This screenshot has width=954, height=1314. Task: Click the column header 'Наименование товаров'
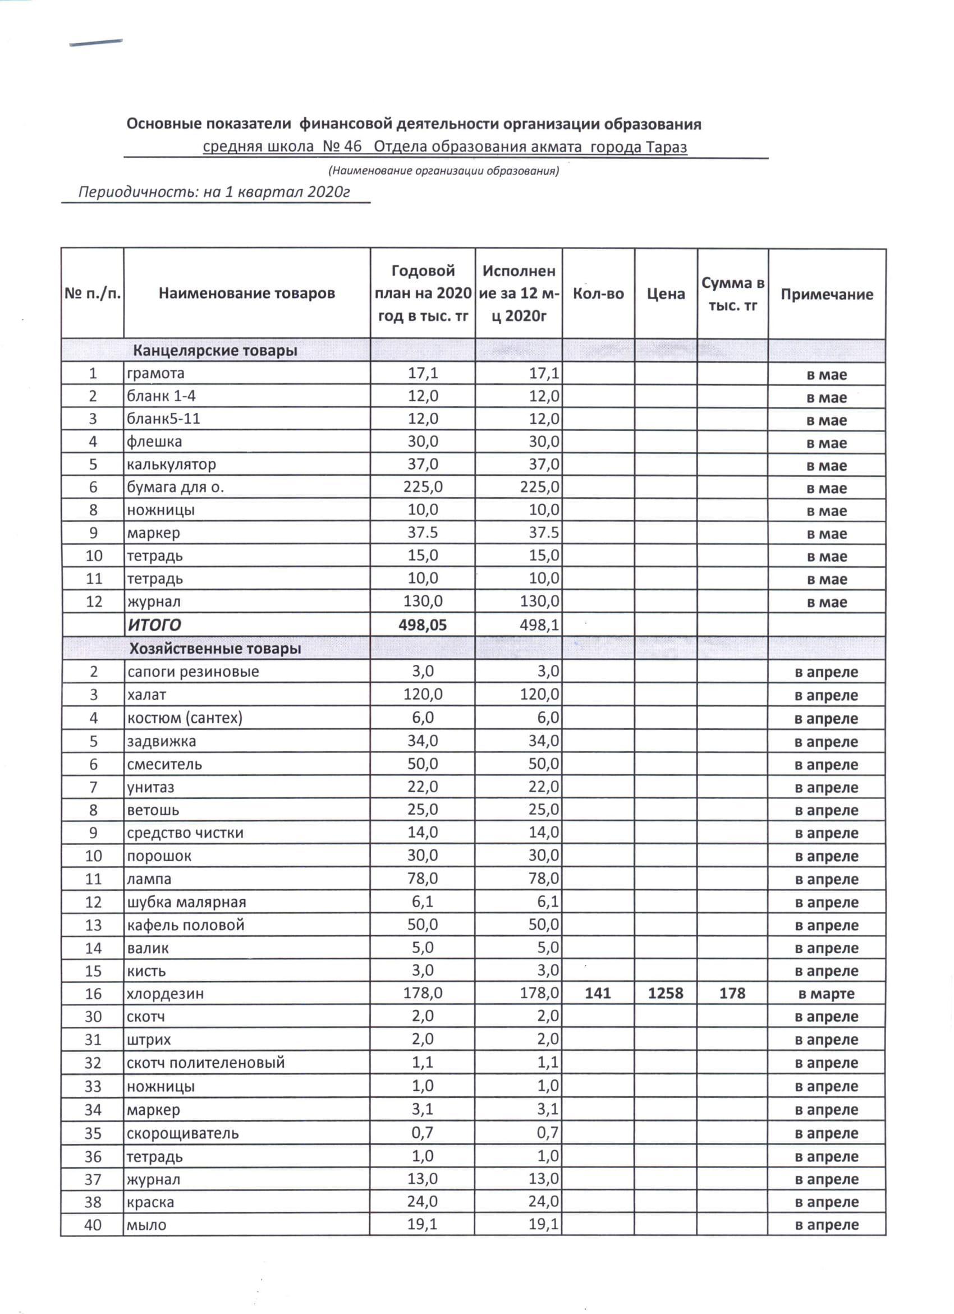pos(247,293)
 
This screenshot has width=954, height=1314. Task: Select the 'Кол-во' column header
pos(598,294)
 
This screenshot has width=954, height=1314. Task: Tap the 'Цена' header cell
pos(666,295)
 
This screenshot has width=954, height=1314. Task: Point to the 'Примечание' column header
pos(827,295)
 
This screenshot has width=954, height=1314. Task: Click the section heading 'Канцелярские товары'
pos(215,351)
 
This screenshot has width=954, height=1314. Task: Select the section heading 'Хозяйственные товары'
pos(215,649)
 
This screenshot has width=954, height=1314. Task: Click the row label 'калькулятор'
pos(172,464)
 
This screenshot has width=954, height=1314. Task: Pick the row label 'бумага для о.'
pos(176,487)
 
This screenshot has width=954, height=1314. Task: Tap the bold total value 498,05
pos(423,624)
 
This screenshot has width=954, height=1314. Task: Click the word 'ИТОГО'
pos(154,625)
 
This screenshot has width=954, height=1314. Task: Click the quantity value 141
pos(598,993)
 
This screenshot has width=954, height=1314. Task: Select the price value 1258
pos(666,993)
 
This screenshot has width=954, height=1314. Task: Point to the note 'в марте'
pos(826,994)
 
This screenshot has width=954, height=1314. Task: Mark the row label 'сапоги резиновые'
pos(193,672)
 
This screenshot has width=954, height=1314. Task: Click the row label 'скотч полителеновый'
pos(206,1063)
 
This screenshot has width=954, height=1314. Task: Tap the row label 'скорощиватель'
pos(182,1133)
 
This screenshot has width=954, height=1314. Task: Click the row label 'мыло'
pos(146,1225)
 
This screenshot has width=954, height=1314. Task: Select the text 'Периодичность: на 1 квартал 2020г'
pos(214,192)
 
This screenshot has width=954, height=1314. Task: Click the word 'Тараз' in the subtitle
pos(667,146)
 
